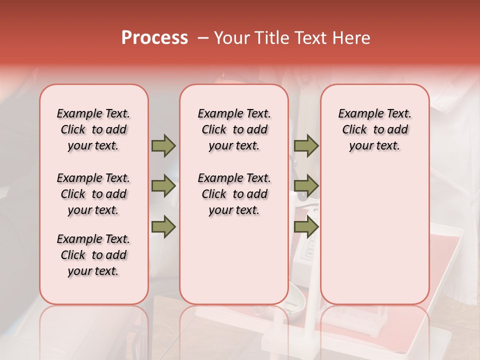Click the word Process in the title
click(154, 38)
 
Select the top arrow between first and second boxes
click(163, 145)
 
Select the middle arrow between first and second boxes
click(163, 186)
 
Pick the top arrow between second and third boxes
click(306, 145)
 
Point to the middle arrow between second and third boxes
click(306, 186)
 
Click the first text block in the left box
click(93, 129)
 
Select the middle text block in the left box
click(93, 194)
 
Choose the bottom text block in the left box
click(93, 255)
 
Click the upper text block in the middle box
click(234, 129)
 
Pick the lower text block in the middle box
click(234, 194)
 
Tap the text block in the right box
click(375, 129)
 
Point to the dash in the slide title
click(202, 38)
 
